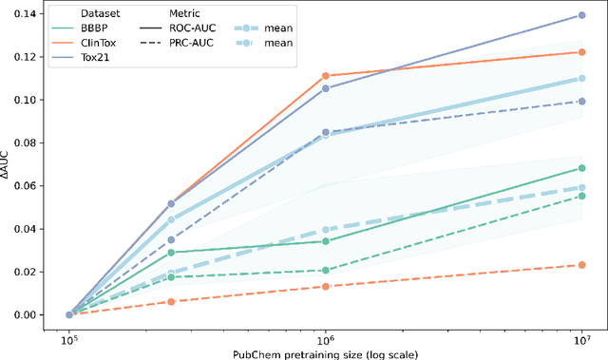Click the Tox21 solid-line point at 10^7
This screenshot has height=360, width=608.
tap(581, 15)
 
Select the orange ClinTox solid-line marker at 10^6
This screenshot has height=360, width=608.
tap(325, 76)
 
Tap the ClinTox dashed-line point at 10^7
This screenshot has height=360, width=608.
tap(581, 265)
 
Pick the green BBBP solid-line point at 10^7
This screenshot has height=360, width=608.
tap(581, 168)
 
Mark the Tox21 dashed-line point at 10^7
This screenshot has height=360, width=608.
tap(581, 102)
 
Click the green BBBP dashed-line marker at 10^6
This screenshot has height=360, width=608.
tap(325, 271)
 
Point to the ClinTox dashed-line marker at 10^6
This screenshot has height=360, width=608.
tap(325, 286)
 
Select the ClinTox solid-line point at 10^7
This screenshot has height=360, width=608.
tap(581, 52)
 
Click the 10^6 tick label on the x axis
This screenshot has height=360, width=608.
tap(325, 337)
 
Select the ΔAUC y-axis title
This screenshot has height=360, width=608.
tap(11, 164)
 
